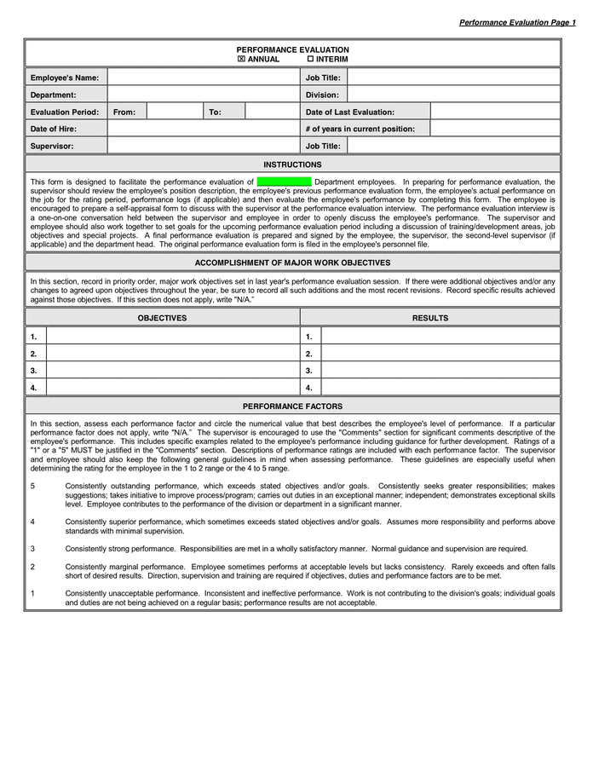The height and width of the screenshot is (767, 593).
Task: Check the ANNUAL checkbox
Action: point(241,60)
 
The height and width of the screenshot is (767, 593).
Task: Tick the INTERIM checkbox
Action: point(310,60)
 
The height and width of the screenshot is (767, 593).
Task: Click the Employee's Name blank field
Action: point(203,78)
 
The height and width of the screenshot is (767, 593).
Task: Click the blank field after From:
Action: point(175,112)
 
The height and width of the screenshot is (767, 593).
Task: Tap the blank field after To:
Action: point(271,112)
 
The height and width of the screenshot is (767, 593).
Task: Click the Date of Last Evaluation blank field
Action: point(495,112)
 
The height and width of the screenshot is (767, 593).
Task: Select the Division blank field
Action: point(454,95)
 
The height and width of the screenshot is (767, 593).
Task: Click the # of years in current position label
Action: point(360,129)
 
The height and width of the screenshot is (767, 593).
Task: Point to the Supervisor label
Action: point(52,146)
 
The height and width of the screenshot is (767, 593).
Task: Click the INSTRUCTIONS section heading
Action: point(292,164)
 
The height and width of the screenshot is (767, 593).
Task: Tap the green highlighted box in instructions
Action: point(284,182)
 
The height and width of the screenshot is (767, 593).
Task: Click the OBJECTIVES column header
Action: point(162,318)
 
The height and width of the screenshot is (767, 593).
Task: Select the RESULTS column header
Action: point(430,318)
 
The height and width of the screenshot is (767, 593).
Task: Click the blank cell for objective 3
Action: point(172,371)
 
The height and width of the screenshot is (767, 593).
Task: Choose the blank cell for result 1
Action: point(440,337)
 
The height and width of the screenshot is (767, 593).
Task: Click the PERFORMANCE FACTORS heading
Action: point(292,407)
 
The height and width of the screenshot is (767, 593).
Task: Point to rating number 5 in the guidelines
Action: point(32,485)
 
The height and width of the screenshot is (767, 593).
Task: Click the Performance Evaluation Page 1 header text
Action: point(517,22)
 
